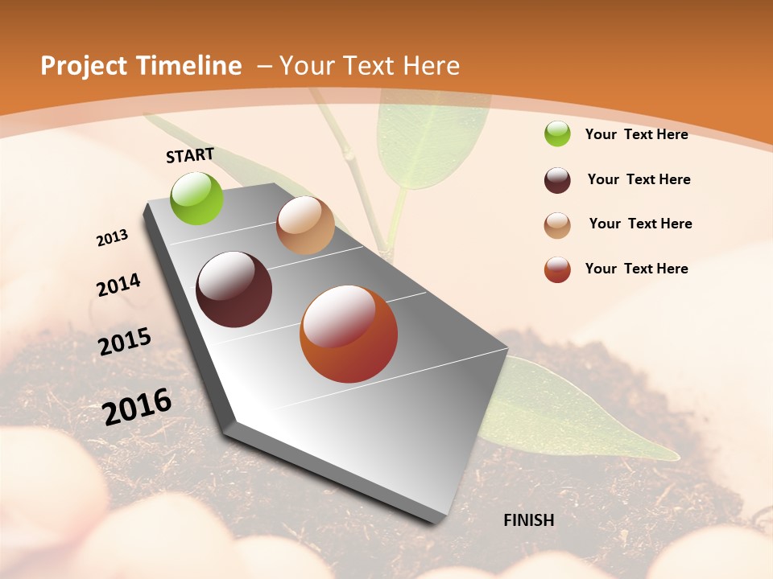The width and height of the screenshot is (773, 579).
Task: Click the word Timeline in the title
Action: click(189, 66)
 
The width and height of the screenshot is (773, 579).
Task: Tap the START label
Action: click(190, 155)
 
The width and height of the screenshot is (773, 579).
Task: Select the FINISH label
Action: click(529, 520)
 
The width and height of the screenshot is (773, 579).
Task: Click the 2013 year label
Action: click(113, 238)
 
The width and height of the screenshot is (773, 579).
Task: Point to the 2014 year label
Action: click(118, 285)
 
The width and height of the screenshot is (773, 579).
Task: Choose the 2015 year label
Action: click(125, 342)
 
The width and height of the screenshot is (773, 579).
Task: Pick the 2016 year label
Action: click(137, 406)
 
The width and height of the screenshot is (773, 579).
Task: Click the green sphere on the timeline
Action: click(197, 199)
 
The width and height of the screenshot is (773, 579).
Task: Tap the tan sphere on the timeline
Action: click(305, 225)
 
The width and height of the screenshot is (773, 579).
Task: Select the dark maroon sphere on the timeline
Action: click(234, 289)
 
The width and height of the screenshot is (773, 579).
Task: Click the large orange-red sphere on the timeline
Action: click(349, 334)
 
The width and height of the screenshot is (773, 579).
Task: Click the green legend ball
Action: click(557, 133)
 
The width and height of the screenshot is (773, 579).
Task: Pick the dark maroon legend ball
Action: click(557, 180)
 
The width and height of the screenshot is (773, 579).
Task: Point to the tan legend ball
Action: click(557, 225)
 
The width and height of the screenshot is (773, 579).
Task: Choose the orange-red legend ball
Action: click(557, 269)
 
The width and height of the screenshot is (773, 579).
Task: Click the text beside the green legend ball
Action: click(637, 134)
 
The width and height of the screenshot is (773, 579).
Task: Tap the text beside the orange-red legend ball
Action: click(637, 269)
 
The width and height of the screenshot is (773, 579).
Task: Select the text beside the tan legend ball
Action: click(640, 224)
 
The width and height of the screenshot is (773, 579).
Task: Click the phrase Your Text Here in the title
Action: click(370, 66)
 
